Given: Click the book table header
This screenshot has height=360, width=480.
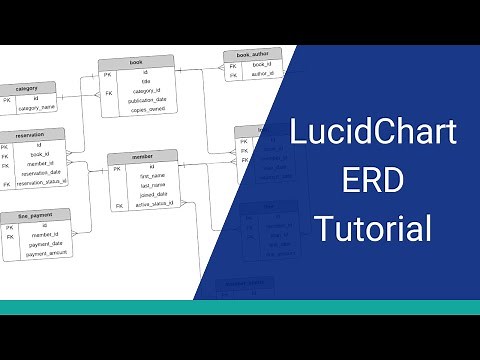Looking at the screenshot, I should (x=136, y=62).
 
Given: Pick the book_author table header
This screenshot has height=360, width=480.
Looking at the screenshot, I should (x=252, y=55).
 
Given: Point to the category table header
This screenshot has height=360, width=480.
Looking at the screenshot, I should (x=27, y=88).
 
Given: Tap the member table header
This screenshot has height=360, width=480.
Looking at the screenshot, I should (x=143, y=157).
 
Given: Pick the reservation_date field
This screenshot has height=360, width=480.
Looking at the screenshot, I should (x=41, y=173).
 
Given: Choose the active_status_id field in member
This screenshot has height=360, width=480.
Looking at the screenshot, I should (x=155, y=204).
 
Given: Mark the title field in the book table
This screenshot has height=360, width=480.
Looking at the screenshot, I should (x=146, y=83).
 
